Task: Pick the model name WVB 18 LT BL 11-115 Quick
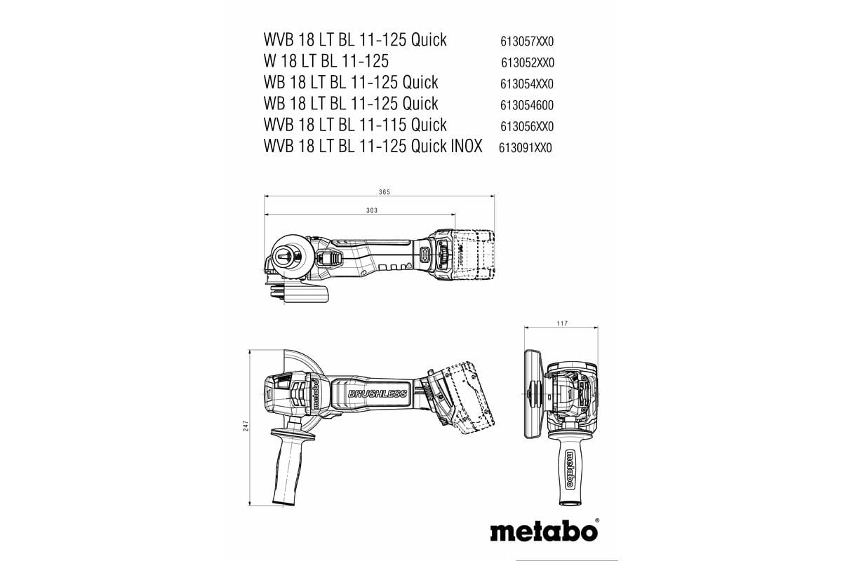(x=355, y=125)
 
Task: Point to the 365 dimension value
(x=384, y=192)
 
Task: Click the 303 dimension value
(x=372, y=210)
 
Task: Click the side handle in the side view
(x=286, y=466)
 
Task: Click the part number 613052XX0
(x=527, y=62)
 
